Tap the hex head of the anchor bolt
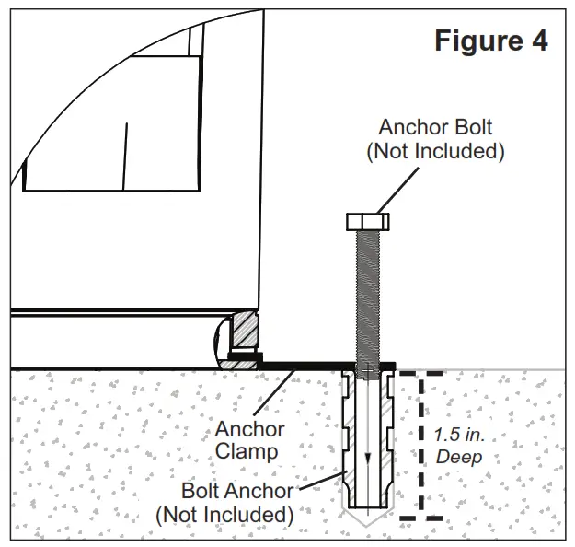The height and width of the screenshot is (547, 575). coord(367,222)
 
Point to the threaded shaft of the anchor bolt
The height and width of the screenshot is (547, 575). coord(367,295)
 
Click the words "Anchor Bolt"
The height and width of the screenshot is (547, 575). coord(434,127)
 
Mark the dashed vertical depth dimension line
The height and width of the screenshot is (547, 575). coord(422,442)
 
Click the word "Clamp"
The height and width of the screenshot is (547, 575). coord(250,452)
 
